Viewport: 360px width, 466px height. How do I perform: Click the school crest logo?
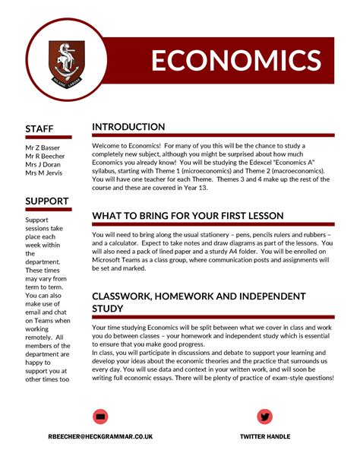(x=67, y=62)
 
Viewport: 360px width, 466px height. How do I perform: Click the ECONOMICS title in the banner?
(x=235, y=61)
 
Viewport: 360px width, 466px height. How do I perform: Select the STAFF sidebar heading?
(x=39, y=128)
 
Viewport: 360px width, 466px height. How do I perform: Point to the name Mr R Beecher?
(x=45, y=155)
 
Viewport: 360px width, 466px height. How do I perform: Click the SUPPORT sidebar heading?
(x=47, y=201)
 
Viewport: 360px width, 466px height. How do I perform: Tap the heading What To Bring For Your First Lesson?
(x=188, y=216)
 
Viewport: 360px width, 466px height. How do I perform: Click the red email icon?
(x=100, y=416)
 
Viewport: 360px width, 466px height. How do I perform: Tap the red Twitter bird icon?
(x=264, y=416)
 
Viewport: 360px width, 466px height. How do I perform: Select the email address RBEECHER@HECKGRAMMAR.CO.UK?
(x=100, y=436)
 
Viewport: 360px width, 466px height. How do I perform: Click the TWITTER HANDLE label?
(x=265, y=436)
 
